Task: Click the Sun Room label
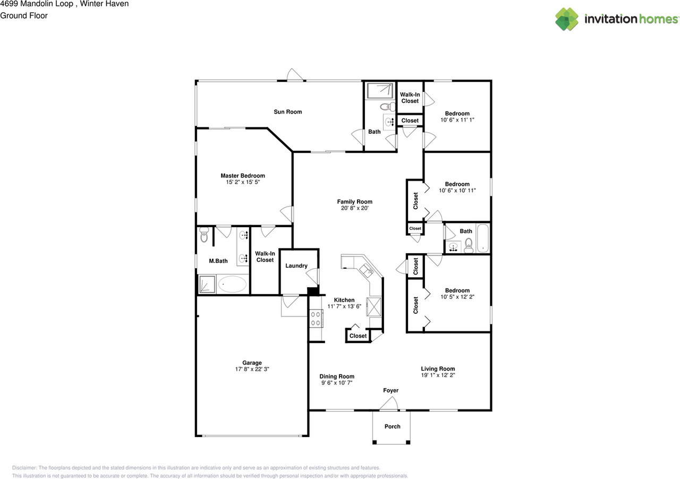(288, 112)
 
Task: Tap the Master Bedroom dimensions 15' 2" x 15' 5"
(243, 182)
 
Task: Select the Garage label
(252, 363)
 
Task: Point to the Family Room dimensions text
(354, 208)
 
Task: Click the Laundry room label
(296, 266)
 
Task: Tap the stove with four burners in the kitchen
(316, 319)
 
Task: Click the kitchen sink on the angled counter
(367, 270)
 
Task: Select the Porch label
(392, 426)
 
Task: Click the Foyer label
(390, 390)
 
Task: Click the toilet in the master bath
(204, 235)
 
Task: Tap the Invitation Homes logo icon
(567, 19)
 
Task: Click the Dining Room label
(337, 377)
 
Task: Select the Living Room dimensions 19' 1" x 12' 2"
(438, 375)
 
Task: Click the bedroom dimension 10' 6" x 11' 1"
(457, 120)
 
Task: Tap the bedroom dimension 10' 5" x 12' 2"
(457, 297)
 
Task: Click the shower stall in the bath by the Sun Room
(380, 90)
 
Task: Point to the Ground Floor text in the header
(24, 16)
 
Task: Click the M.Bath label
(218, 261)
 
